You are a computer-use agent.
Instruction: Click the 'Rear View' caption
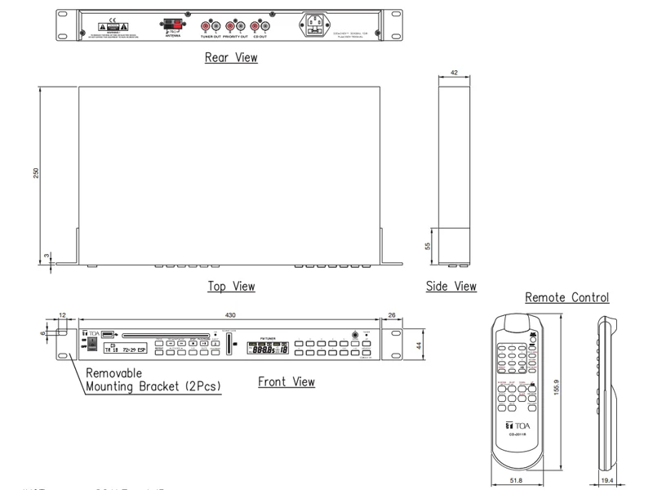click(231, 57)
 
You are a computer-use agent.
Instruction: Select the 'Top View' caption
click(231, 287)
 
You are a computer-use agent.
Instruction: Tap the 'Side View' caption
click(451, 287)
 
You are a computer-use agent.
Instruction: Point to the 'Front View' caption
click(287, 381)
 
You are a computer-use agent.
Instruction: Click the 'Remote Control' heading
click(567, 297)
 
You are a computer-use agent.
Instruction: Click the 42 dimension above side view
click(454, 73)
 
